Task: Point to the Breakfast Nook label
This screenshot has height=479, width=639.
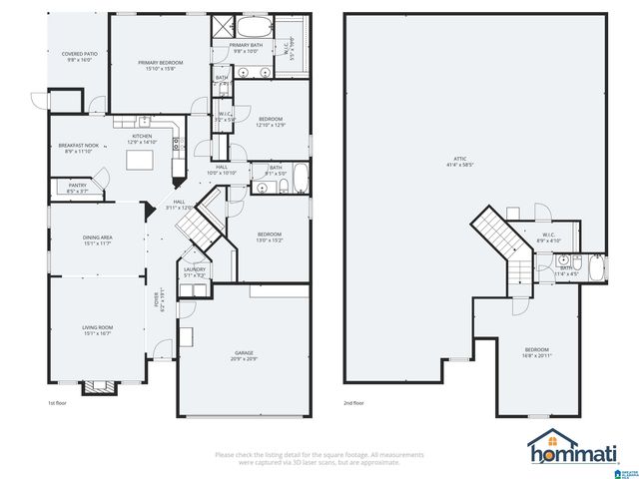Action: coord(78,149)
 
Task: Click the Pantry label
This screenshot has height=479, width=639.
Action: coord(77,187)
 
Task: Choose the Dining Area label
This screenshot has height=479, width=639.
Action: coord(97,240)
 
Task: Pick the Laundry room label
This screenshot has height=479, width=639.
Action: coord(194,271)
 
